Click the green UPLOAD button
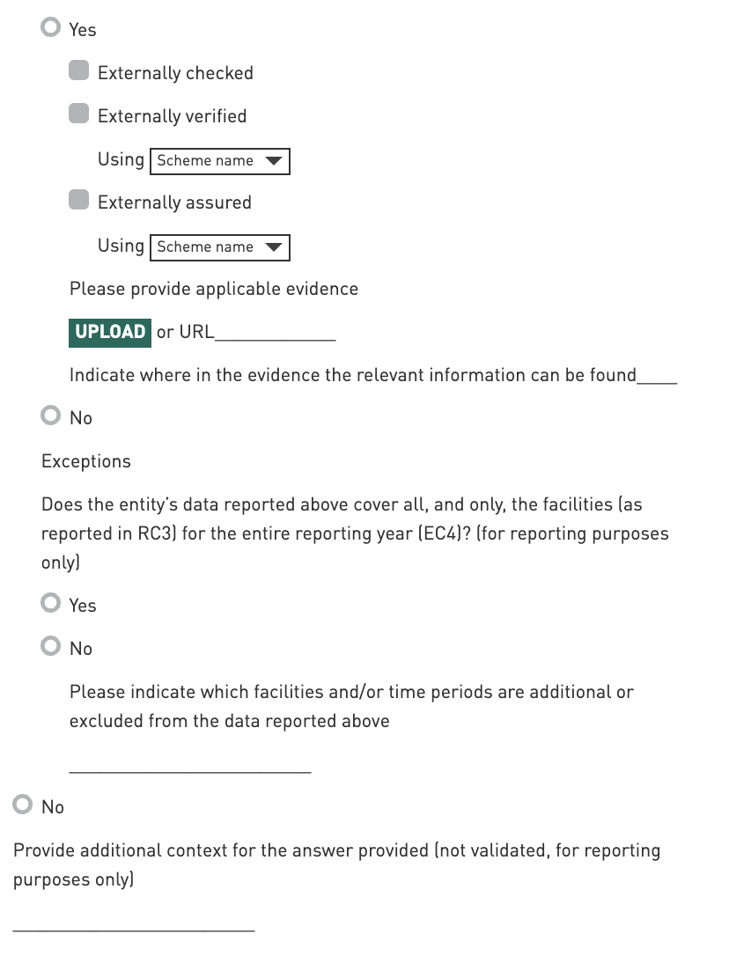[x=110, y=332]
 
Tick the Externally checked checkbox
[x=79, y=71]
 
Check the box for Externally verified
[x=79, y=114]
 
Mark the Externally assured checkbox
[x=79, y=201]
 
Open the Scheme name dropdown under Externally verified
[x=219, y=161]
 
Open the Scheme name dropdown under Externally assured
[x=219, y=247]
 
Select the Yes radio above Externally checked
[x=51, y=28]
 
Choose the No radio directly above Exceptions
[x=51, y=416]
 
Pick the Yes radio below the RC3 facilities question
[x=51, y=604]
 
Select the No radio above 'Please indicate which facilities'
[x=51, y=647]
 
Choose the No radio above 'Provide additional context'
[x=23, y=805]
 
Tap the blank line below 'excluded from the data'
[x=190, y=768]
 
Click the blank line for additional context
[x=134, y=925]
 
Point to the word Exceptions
[x=86, y=461]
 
